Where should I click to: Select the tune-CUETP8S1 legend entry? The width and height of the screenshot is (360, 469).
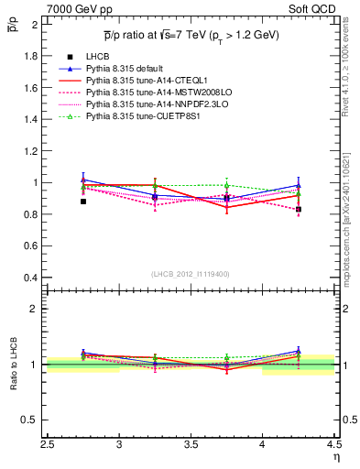pyautogui.click(x=140, y=117)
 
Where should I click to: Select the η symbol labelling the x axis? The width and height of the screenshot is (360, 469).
pyautogui.click(x=336, y=457)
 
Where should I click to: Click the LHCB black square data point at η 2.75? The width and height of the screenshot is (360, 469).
pyautogui.click(x=83, y=201)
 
